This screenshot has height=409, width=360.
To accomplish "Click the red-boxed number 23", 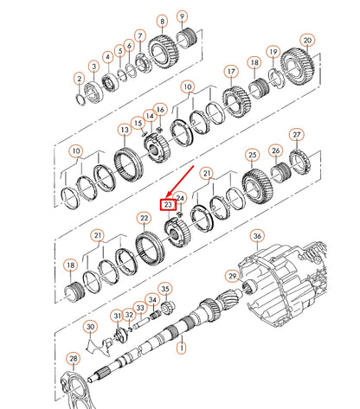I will [x=169, y=204].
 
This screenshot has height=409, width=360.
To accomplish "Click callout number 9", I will [x=182, y=16].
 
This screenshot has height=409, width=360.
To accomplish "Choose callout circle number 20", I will [x=306, y=40].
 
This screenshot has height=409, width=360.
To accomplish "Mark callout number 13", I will [x=125, y=130].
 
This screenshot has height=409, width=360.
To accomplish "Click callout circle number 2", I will [x=78, y=79].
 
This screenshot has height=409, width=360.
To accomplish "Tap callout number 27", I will [x=296, y=135].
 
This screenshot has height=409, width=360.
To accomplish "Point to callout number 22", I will [x=144, y=220].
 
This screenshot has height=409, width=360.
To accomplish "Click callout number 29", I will [x=231, y=276].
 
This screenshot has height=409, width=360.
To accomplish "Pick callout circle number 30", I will [x=89, y=327].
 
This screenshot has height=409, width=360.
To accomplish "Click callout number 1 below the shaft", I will [x=181, y=348].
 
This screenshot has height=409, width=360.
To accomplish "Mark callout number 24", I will [x=180, y=198].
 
